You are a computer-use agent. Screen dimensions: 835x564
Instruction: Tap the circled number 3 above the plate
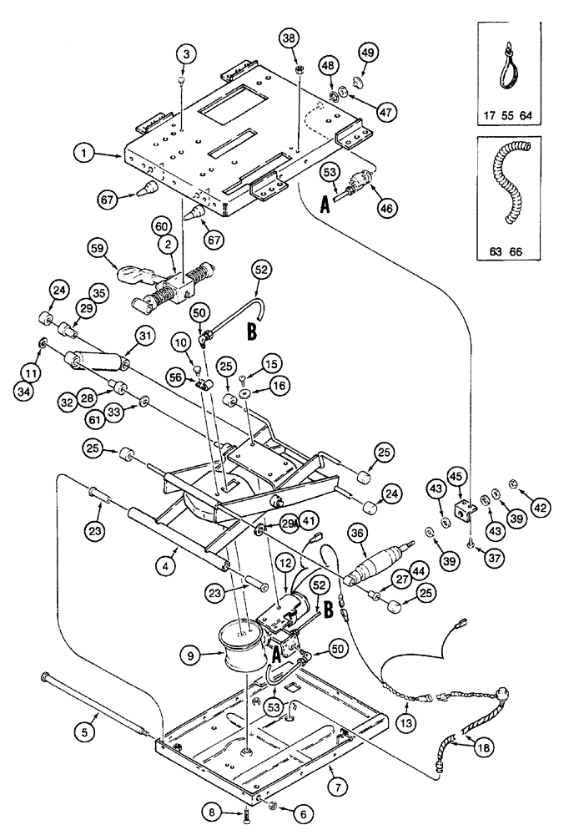tap(186, 54)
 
